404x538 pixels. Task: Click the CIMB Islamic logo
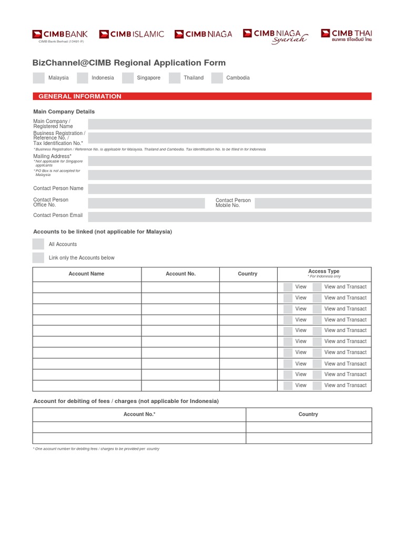tap(132, 34)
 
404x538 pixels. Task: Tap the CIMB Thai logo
tap(346, 35)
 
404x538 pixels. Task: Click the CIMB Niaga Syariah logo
tap(275, 36)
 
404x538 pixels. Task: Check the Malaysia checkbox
tap(38, 78)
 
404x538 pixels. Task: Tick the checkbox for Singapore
tap(128, 78)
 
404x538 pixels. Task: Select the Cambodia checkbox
tap(217, 78)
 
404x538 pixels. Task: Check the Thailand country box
tap(175, 78)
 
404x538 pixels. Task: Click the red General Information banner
tap(202, 96)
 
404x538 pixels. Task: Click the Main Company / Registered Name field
tap(229, 124)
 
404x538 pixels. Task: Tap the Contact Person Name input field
tap(229, 189)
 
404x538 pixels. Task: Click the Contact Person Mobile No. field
tap(313, 203)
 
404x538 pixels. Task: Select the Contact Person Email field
tap(229, 216)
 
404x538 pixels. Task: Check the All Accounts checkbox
tap(38, 244)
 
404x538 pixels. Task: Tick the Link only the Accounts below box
tap(38, 258)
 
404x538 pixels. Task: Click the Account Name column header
tap(87, 274)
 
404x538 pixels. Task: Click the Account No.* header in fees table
tap(139, 414)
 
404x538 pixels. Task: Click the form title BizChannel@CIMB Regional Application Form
tap(129, 63)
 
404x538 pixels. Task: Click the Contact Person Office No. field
tap(146, 203)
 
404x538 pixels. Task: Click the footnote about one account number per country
tap(96, 449)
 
